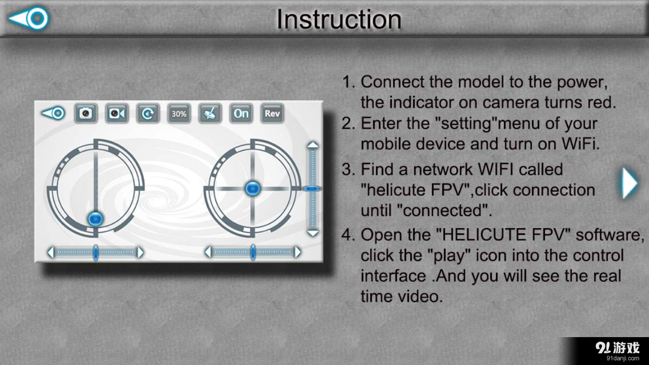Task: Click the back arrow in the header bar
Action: [29, 19]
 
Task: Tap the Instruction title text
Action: [339, 19]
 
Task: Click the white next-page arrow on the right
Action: [629, 183]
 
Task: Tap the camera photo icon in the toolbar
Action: [86, 114]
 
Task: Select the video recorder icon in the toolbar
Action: [117, 114]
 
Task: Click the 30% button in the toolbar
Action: [178, 114]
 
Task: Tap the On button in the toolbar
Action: [241, 114]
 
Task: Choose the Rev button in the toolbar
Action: [272, 114]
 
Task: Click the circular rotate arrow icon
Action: [148, 114]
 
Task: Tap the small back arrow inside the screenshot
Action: [53, 113]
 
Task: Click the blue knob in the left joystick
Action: [95, 218]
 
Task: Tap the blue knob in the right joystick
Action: [253, 189]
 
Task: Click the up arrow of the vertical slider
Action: [313, 145]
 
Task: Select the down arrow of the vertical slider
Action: [313, 233]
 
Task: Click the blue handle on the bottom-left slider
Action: [95, 252]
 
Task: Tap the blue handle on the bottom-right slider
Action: [253, 252]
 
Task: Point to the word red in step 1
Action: [601, 102]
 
